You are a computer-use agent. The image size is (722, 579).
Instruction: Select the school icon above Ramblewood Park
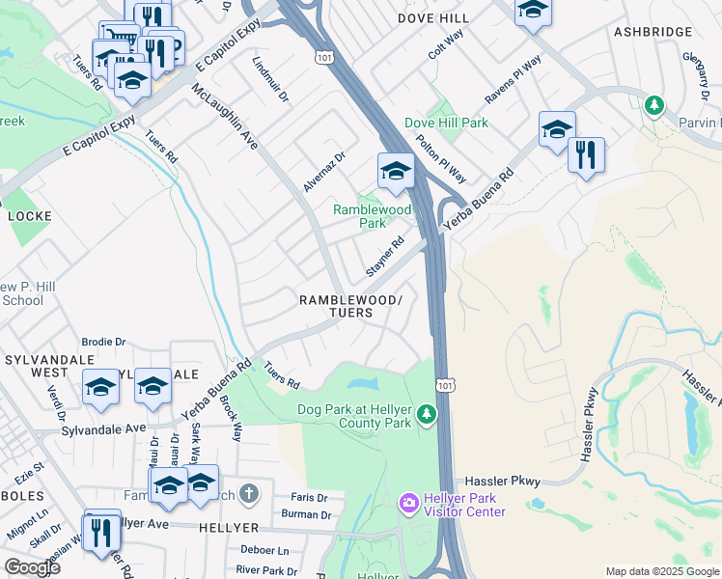[395, 173]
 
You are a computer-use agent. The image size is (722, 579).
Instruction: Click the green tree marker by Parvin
[653, 104]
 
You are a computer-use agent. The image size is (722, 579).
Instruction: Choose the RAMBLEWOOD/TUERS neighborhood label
[348, 307]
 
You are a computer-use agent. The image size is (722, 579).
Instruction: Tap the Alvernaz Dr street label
[324, 171]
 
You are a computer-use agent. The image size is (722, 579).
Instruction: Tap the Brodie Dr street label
[104, 342]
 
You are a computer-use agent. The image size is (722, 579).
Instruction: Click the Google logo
[32, 567]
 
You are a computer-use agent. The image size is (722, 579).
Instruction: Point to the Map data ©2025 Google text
[661, 571]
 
